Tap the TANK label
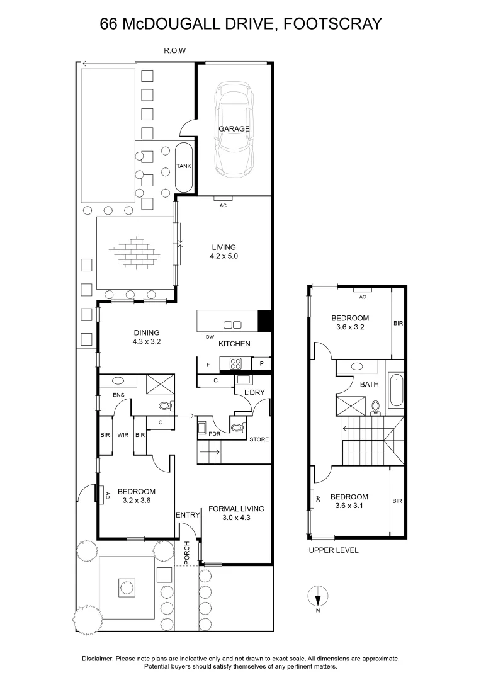[x=184, y=166]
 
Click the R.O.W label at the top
[x=175, y=50]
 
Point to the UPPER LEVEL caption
[x=333, y=550]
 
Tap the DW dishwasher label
[x=210, y=337]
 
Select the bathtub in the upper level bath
[x=395, y=391]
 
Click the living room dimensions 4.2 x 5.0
[x=224, y=256]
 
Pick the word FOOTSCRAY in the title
[x=333, y=24]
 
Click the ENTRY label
[x=187, y=515]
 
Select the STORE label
[x=259, y=439]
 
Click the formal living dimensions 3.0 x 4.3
[x=235, y=518]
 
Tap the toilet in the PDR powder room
[x=237, y=428]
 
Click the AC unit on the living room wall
[x=222, y=200]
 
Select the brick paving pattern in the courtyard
[x=134, y=252]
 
